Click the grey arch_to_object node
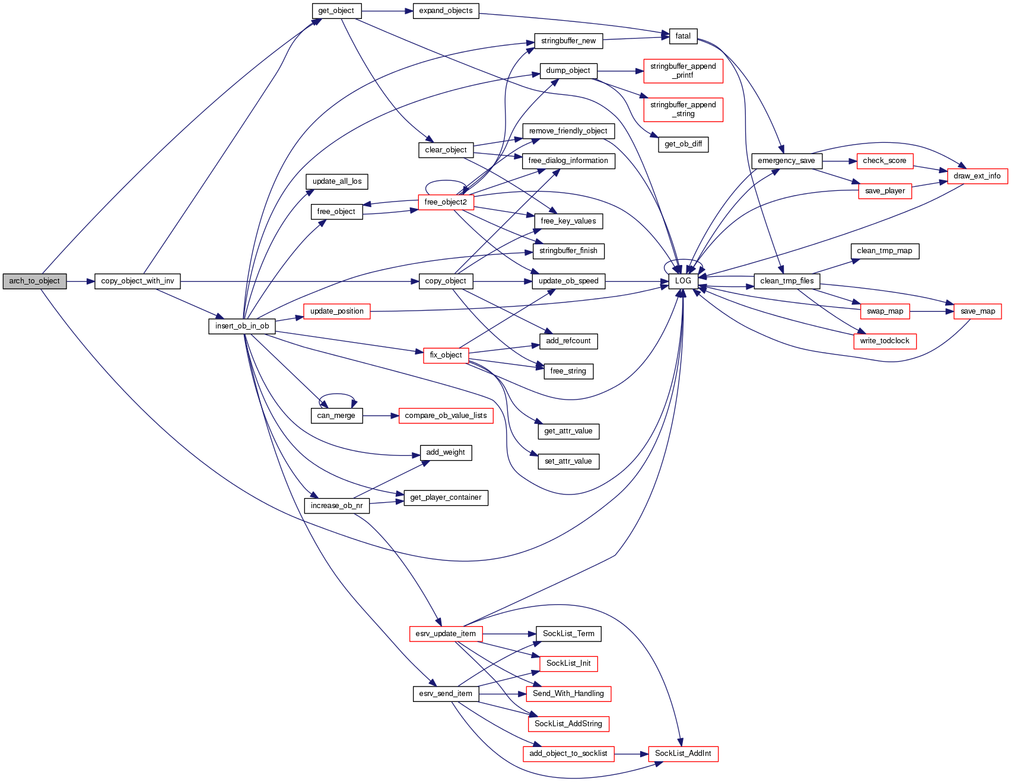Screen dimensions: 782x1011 click(x=34, y=281)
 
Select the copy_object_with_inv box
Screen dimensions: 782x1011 click(x=137, y=281)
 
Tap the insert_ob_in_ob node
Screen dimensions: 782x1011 click(x=242, y=326)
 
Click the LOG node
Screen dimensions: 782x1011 click(x=683, y=281)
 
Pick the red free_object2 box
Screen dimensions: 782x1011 click(x=446, y=202)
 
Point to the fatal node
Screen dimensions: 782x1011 click(x=683, y=36)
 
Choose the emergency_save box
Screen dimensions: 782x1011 click(x=786, y=161)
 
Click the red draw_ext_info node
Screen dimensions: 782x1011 click(x=977, y=176)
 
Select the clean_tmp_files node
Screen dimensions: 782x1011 click(x=787, y=281)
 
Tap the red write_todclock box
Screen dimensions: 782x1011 click(x=884, y=341)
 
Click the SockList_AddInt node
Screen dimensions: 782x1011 click(x=683, y=754)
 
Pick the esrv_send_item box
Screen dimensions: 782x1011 click(x=446, y=694)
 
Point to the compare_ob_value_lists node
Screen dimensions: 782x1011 click(x=446, y=416)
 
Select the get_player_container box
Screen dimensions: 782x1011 click(x=446, y=497)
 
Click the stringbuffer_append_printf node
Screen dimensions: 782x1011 click(x=683, y=71)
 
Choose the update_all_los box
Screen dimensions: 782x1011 click(x=337, y=181)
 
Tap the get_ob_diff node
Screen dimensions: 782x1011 click(x=683, y=144)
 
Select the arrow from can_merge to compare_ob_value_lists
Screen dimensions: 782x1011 click(x=380, y=416)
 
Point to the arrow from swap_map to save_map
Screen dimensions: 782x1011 click(x=931, y=311)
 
